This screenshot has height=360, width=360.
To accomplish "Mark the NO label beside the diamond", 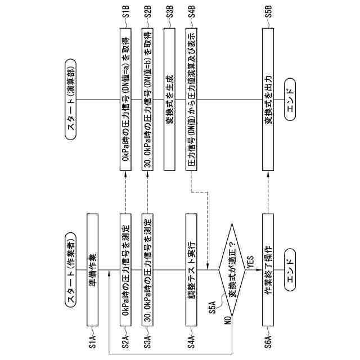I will pyautogui.click(x=228, y=321).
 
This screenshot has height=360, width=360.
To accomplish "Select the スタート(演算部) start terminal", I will pyautogui.click(x=73, y=101).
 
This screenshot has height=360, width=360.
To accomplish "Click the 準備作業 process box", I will pyautogui.click(x=93, y=271).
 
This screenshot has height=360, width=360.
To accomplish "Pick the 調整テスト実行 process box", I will pyautogui.click(x=192, y=271).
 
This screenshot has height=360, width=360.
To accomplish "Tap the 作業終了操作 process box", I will pyautogui.click(x=268, y=271).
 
